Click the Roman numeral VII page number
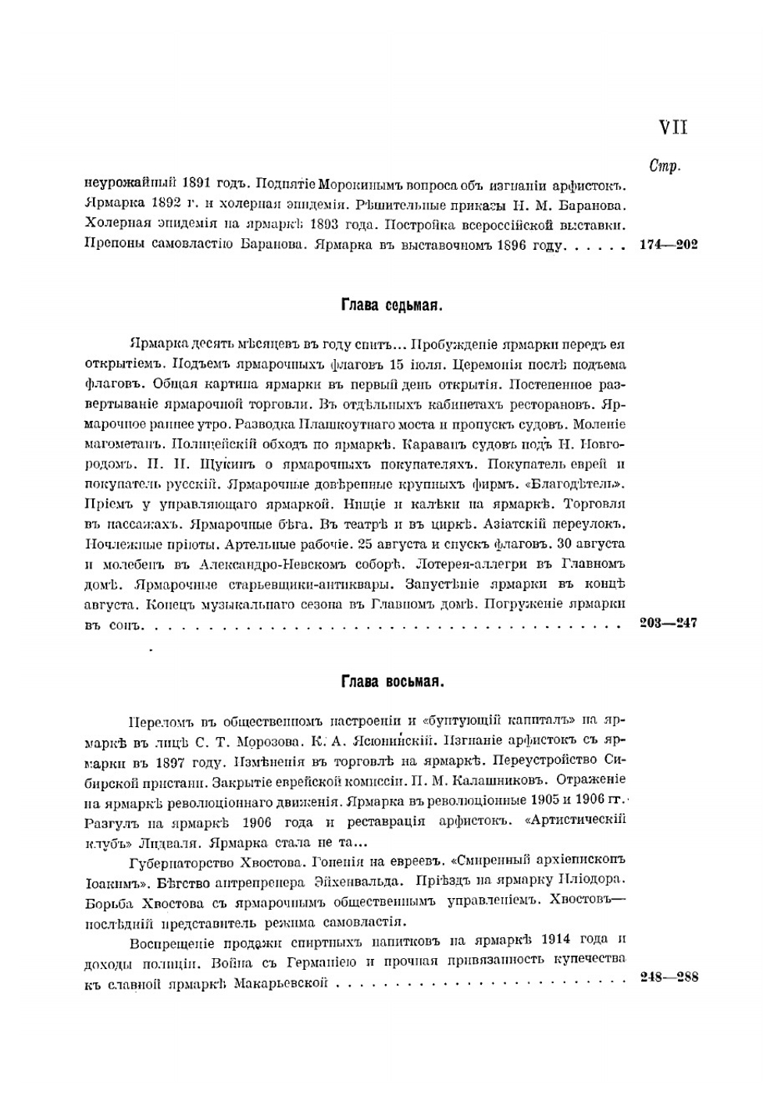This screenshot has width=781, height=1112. (673, 127)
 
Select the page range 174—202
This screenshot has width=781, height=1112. (668, 245)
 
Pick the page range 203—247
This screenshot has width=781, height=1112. (668, 623)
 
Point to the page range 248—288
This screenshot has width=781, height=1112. (669, 978)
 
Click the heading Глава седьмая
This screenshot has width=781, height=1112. (392, 305)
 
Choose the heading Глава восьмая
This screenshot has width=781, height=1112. (392, 682)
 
